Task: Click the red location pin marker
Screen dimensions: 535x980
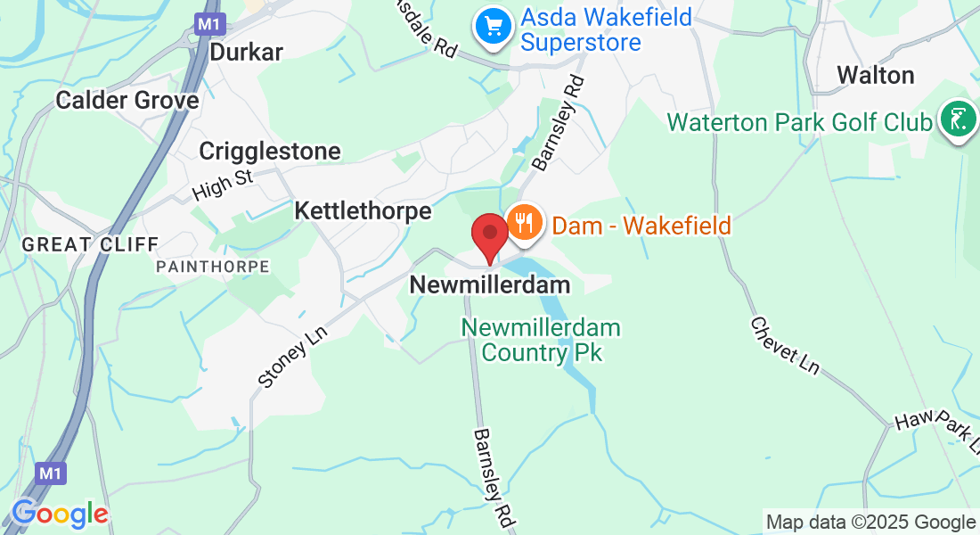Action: click(x=489, y=236)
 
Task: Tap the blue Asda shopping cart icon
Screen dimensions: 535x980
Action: click(x=491, y=27)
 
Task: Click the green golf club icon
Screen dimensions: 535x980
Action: click(x=957, y=120)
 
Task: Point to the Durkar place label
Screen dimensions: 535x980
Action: click(x=246, y=53)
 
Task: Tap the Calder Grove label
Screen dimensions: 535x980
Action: click(x=127, y=100)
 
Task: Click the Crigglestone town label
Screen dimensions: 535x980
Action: click(x=270, y=151)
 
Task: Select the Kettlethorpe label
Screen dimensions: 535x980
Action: click(x=363, y=211)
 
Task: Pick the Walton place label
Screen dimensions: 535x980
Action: click(x=876, y=76)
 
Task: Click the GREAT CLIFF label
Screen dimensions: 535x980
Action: click(x=90, y=244)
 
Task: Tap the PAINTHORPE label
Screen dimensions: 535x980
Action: click(x=212, y=267)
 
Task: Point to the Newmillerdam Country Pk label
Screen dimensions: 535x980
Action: click(x=541, y=340)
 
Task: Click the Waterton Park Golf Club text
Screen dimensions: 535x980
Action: click(x=799, y=122)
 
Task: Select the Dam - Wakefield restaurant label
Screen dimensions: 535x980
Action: click(x=641, y=225)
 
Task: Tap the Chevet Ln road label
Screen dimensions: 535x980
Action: click(x=784, y=345)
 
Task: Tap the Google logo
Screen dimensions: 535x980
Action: click(x=60, y=514)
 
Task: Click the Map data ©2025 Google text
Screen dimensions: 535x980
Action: click(x=870, y=523)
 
